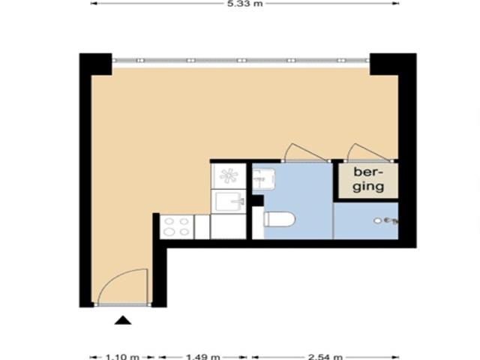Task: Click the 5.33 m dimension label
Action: (245, 4)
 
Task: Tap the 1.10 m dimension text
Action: (123, 356)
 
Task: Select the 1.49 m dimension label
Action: (203, 356)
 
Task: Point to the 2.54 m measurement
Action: (328, 356)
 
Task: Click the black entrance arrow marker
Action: (123, 321)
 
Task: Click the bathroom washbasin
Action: (263, 179)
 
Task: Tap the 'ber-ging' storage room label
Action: (368, 180)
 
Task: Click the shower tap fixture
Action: (389, 220)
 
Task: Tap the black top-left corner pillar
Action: (95, 64)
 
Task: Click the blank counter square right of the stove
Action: (202, 226)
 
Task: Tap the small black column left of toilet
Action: (257, 200)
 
